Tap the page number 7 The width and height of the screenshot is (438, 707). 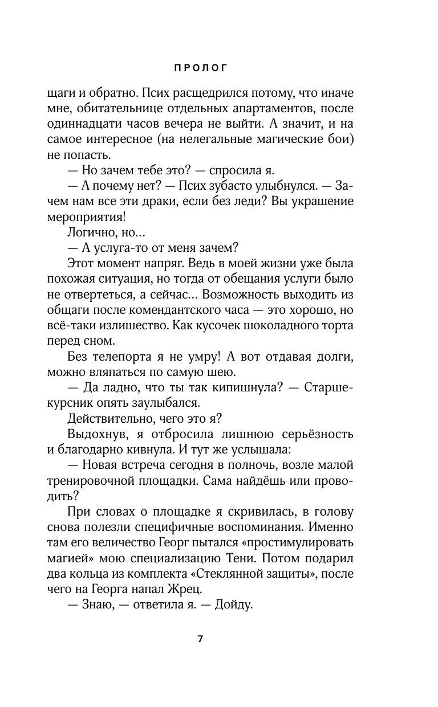[x=200, y=638]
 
